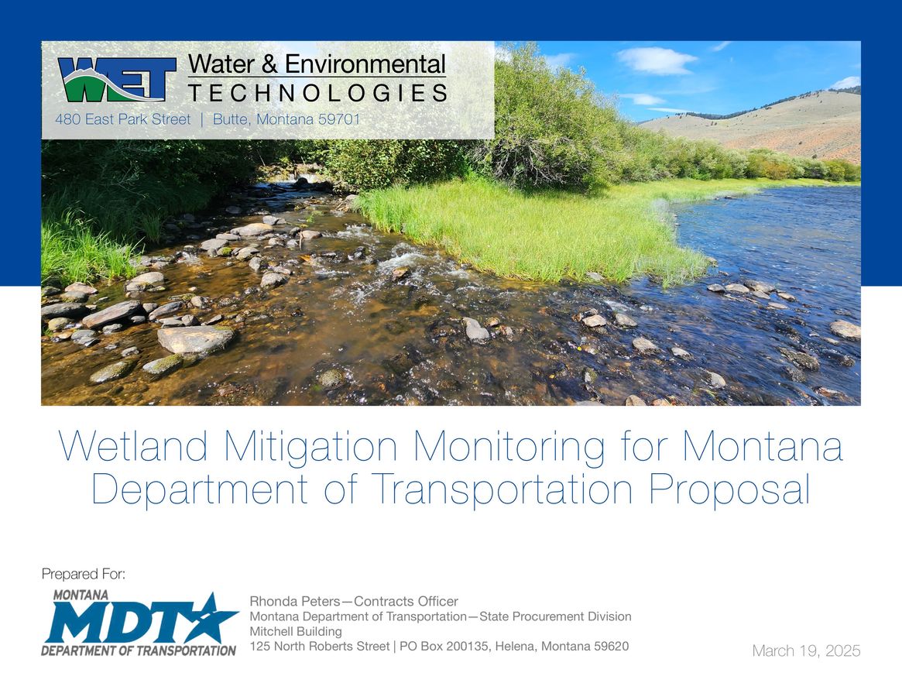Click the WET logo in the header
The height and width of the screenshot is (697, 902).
pos(116,79)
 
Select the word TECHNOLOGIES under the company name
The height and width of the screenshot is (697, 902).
pos(317,94)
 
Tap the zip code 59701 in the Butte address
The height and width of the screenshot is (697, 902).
pos(338,120)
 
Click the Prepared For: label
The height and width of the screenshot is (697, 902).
pos(84,574)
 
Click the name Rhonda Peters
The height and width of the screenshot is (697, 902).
pos(295,602)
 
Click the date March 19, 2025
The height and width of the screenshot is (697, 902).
pos(806,651)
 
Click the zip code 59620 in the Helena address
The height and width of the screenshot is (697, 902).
pos(611,646)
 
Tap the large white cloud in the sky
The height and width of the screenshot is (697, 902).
pos(657,60)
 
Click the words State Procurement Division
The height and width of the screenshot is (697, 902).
pos(555,616)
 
